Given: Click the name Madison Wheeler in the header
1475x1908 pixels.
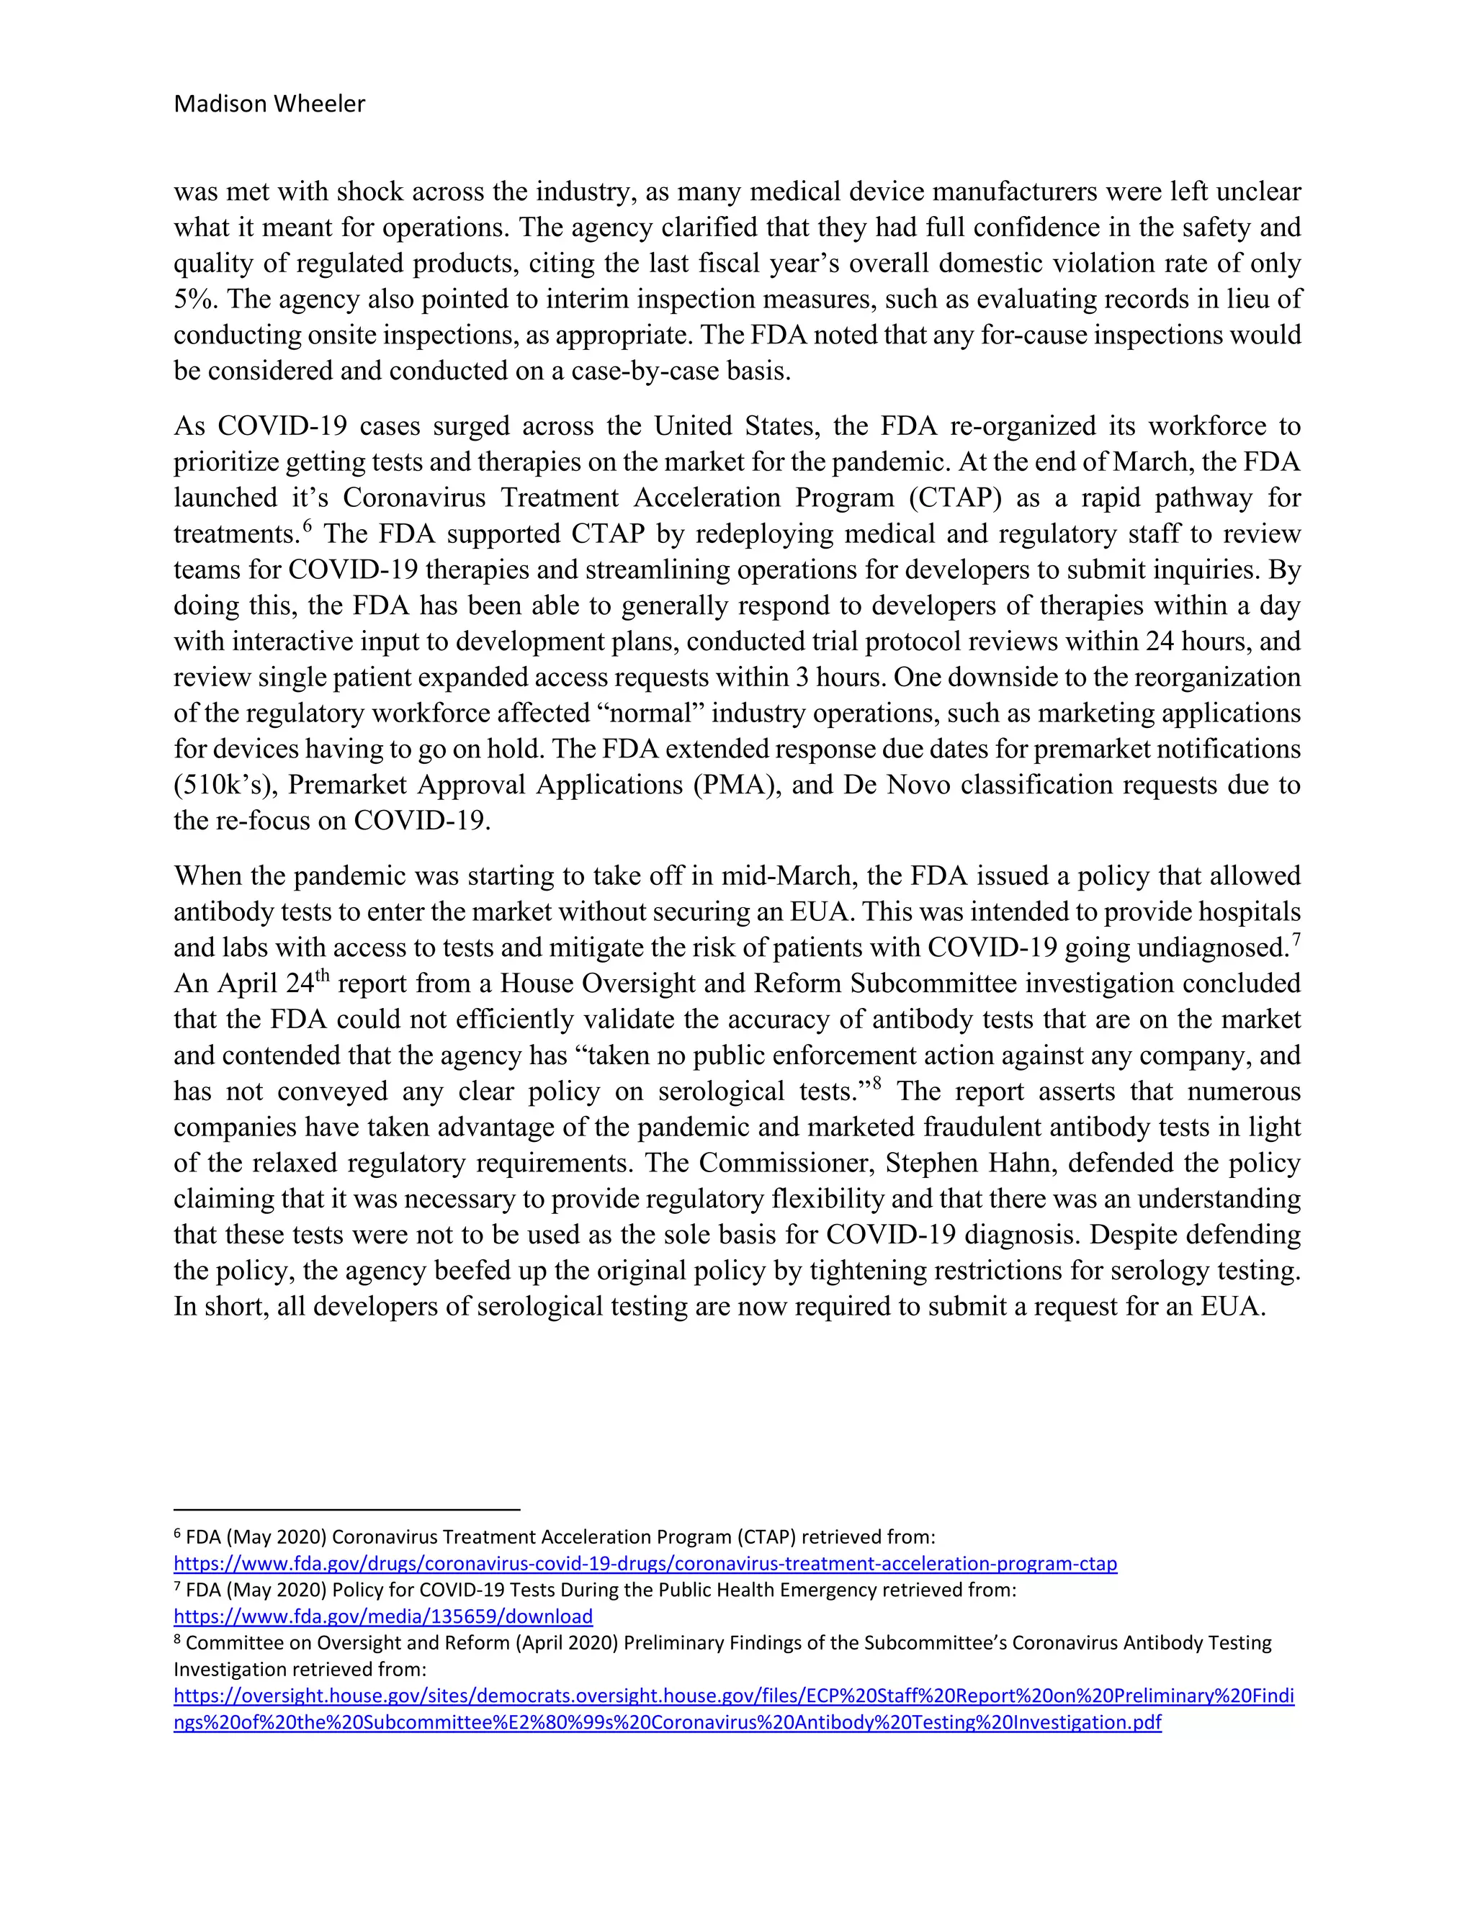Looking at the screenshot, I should click(269, 104).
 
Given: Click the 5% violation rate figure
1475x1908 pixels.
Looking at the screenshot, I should click(192, 300).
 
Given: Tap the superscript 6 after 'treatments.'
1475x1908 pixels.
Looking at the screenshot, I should click(308, 526).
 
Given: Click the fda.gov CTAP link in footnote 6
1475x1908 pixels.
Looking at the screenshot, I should click(645, 1563).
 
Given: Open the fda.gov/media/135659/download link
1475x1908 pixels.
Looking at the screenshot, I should click(382, 1616).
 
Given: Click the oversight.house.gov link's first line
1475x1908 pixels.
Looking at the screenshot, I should click(733, 1696).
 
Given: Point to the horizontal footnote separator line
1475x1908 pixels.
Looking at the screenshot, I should click(347, 1508).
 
